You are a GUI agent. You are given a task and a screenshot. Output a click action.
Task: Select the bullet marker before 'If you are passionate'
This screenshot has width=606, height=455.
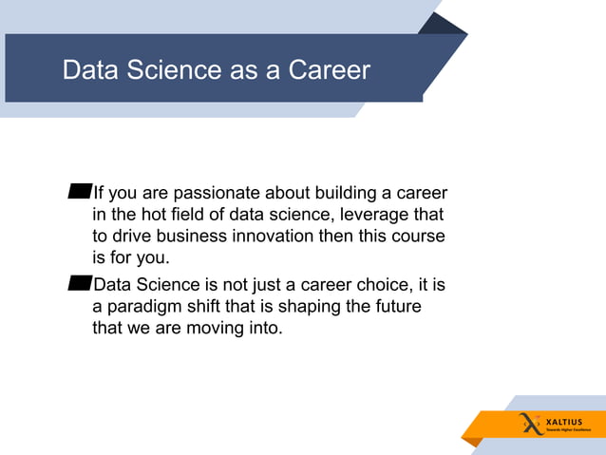[x=80, y=194]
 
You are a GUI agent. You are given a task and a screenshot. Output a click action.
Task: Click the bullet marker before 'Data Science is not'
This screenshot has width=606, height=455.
[x=80, y=282]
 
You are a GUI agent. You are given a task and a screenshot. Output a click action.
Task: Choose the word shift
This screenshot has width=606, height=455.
[x=210, y=309]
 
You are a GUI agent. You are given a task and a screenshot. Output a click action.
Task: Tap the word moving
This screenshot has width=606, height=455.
[x=216, y=330]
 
